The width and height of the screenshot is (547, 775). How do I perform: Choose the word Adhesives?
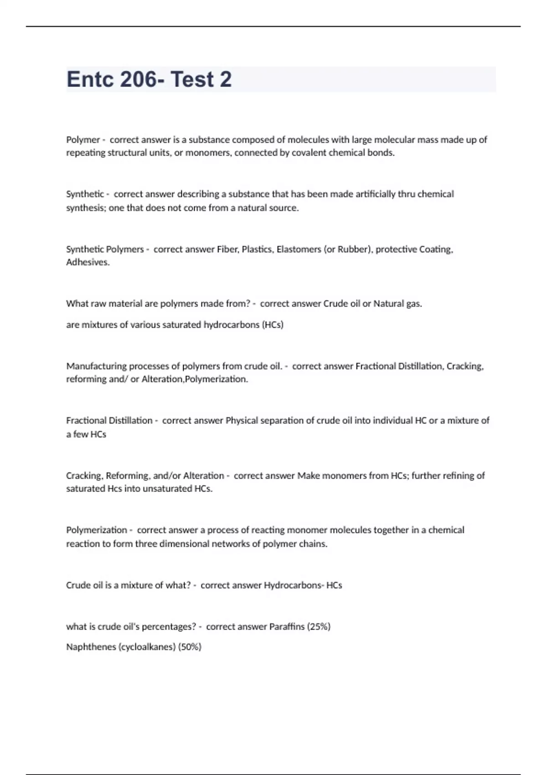point(88,262)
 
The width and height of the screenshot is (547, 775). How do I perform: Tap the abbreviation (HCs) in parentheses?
point(273,325)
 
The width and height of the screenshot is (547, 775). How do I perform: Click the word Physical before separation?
point(242,420)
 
